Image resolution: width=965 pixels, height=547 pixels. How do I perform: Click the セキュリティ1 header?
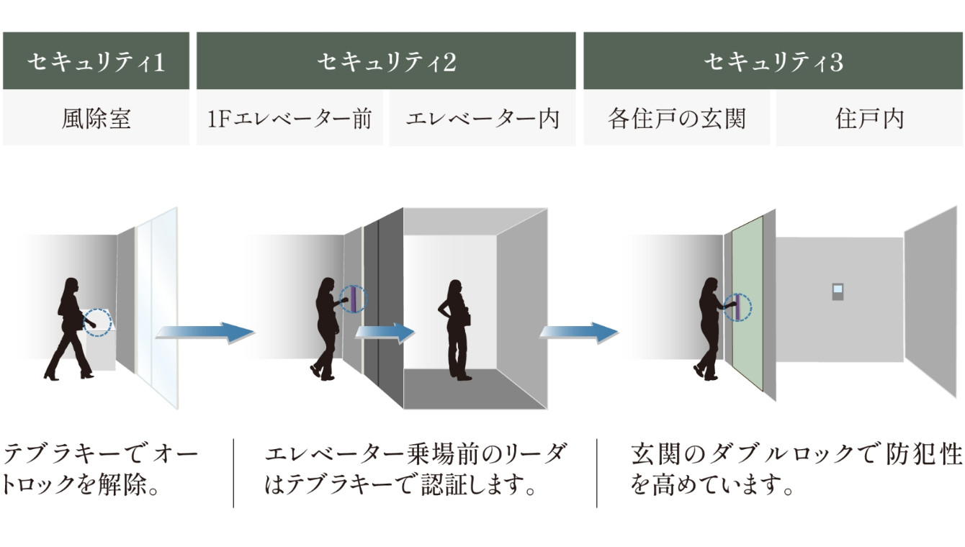pyautogui.click(x=96, y=62)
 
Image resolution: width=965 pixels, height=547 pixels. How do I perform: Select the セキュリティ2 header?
pyautogui.click(x=386, y=62)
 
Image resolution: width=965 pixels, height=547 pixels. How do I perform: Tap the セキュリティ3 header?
pyautogui.click(x=773, y=62)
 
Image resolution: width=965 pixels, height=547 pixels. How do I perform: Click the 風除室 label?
pyautogui.click(x=96, y=118)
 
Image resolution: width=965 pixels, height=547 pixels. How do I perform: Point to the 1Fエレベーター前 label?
pyautogui.click(x=289, y=118)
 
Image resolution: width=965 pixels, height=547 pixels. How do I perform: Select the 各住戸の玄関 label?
pyautogui.click(x=676, y=118)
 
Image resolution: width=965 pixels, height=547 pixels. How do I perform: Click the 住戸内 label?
pyautogui.click(x=869, y=118)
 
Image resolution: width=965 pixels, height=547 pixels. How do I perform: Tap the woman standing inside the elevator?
pyautogui.click(x=456, y=328)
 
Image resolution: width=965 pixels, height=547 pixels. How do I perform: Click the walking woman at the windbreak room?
pyautogui.click(x=72, y=328)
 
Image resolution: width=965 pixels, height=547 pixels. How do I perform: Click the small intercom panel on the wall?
pyautogui.click(x=837, y=292)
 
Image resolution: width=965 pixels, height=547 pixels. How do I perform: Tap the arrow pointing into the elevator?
pyautogui.click(x=385, y=333)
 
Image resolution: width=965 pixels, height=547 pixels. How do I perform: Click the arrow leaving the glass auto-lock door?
pyautogui.click(x=205, y=333)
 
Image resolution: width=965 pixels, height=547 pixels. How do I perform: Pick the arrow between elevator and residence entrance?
pyautogui.click(x=579, y=333)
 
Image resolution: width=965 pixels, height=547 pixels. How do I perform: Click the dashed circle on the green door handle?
pyautogui.click(x=737, y=307)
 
